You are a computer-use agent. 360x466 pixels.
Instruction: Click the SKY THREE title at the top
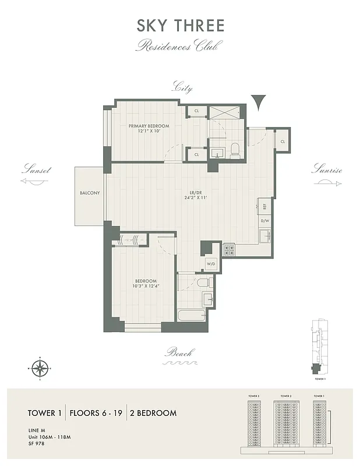(179, 25)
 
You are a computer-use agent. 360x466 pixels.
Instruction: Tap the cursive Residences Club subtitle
(179, 45)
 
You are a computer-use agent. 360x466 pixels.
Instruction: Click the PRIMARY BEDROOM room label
(149, 126)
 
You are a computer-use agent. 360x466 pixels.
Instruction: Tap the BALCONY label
(89, 193)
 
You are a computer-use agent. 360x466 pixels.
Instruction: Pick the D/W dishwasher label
(264, 221)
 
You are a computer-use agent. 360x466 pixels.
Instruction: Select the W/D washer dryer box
(210, 263)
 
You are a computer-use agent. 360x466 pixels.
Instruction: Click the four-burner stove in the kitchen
(230, 250)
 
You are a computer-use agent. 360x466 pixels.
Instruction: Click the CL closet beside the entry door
(282, 142)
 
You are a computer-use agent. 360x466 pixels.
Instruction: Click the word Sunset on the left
(36, 171)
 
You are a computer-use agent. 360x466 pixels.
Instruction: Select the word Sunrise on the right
(326, 171)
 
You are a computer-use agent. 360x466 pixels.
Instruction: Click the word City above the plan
(182, 89)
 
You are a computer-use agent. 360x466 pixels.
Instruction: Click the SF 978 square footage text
(36, 444)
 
